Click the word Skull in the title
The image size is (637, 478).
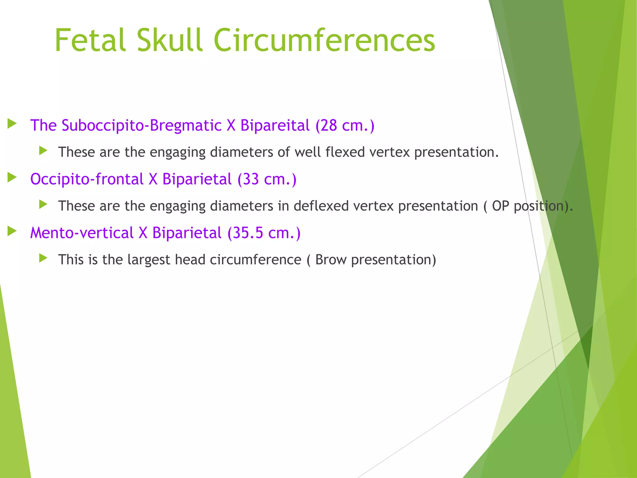(170, 40)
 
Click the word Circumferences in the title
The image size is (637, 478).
(324, 40)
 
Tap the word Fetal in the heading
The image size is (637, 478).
(90, 40)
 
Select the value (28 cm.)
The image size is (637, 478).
(345, 125)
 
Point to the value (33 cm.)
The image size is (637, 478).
(267, 179)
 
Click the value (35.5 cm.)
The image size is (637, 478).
(264, 233)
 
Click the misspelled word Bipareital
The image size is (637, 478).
(275, 125)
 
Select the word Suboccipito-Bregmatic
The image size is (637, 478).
(142, 125)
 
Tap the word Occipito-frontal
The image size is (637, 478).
(87, 179)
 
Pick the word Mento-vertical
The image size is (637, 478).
(82, 233)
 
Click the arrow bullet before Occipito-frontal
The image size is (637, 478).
(12, 178)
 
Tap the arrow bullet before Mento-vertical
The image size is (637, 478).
(12, 231)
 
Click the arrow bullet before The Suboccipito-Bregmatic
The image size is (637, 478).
(12, 124)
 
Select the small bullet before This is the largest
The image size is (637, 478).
(43, 258)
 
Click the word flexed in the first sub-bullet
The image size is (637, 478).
(345, 152)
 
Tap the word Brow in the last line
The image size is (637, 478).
(331, 260)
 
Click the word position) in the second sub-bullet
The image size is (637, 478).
(543, 206)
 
